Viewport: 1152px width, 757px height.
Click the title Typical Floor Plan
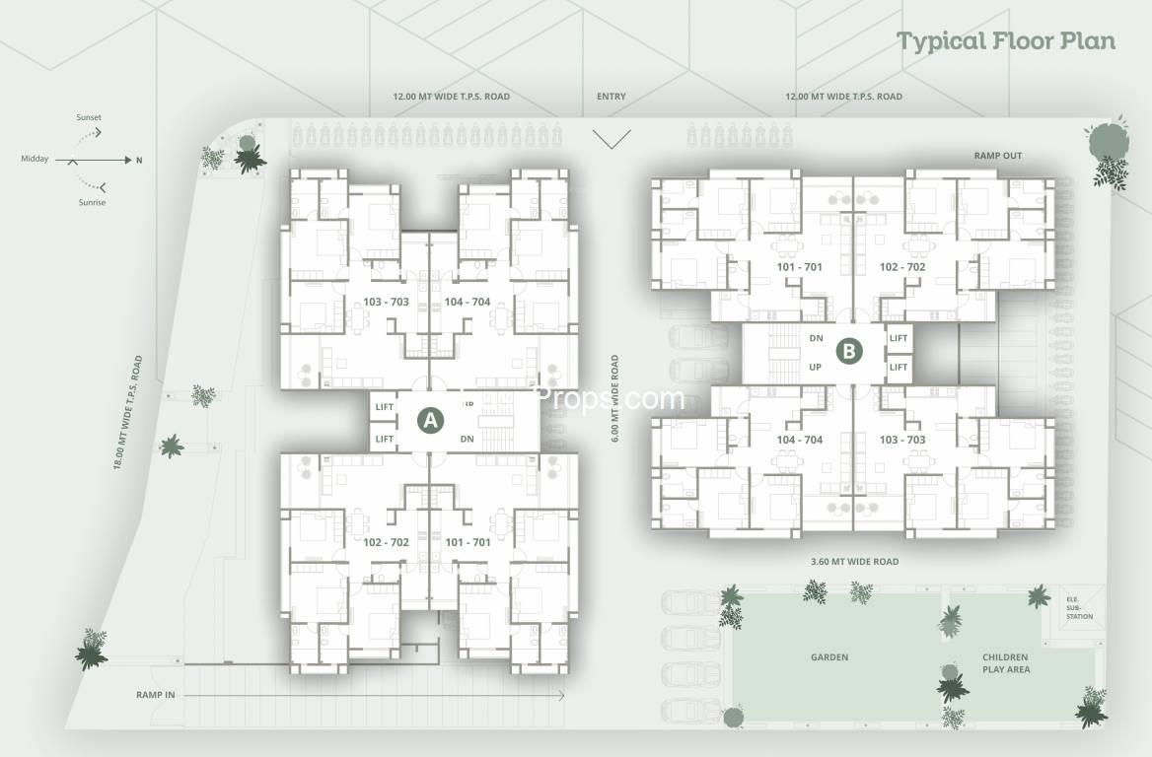coord(1005,40)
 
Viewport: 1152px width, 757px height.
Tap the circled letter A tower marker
coord(429,420)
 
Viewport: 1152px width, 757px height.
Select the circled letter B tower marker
coord(849,351)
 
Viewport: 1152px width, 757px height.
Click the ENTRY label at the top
coord(612,97)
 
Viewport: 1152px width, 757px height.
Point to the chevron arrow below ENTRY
coord(612,139)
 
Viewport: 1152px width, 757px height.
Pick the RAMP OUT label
coord(999,156)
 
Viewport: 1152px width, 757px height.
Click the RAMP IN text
coord(156,695)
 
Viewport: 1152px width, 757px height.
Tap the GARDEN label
coord(829,657)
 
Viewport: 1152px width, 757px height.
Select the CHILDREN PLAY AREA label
coord(1005,663)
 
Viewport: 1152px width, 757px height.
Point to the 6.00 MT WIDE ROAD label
coord(614,398)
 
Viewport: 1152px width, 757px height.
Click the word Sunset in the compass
coord(89,117)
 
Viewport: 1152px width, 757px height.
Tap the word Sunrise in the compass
coord(91,202)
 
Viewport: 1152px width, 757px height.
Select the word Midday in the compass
coord(36,159)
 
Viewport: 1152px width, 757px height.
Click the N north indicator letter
coord(138,160)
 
